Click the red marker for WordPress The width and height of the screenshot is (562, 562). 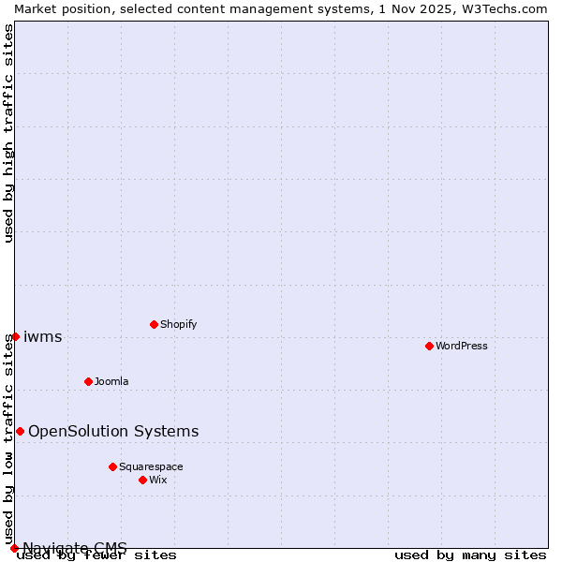[x=429, y=346]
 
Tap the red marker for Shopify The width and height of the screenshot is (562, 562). [x=154, y=324]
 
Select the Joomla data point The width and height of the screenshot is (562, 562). [x=88, y=381]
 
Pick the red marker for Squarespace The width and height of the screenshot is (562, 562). [x=112, y=466]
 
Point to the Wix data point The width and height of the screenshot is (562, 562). [x=142, y=480]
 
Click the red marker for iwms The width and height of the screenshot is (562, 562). [x=15, y=336]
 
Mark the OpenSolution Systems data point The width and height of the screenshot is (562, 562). [x=20, y=431]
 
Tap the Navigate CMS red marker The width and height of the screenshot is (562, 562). [x=14, y=548]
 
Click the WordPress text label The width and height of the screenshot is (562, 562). [x=462, y=346]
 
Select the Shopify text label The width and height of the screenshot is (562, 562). [x=178, y=324]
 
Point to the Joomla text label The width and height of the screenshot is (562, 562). [x=111, y=381]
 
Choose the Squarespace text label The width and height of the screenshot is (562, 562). [x=151, y=466]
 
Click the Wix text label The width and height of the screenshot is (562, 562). [x=157, y=480]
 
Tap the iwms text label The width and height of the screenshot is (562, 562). [x=43, y=337]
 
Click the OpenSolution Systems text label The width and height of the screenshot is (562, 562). [x=113, y=432]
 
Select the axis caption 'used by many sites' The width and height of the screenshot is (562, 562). [x=470, y=555]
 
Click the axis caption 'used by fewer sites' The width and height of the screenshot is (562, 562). [x=97, y=555]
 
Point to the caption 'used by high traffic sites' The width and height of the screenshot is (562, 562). [x=9, y=133]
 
